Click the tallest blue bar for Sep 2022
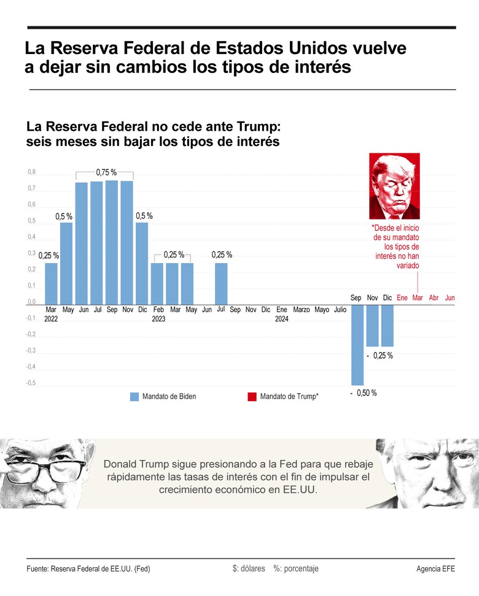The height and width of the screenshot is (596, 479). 111,242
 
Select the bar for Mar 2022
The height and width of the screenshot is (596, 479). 51,283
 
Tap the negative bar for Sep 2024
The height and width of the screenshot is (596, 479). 357,345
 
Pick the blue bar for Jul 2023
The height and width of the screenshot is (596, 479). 221,283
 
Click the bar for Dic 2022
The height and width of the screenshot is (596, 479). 142,263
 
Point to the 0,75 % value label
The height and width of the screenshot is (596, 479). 106,172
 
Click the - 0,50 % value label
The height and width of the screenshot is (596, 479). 364,393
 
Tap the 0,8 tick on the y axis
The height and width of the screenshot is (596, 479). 31,172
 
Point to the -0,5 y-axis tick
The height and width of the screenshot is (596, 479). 31,383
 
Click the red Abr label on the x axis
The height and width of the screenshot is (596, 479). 434,297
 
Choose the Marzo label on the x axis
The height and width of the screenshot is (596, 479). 302,310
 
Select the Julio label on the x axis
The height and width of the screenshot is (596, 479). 340,310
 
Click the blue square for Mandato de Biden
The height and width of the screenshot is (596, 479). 134,397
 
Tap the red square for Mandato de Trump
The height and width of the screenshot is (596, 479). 252,397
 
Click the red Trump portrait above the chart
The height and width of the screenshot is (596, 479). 394,186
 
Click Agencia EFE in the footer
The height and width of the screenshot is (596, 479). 435,569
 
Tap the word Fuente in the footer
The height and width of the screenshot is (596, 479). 38,569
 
